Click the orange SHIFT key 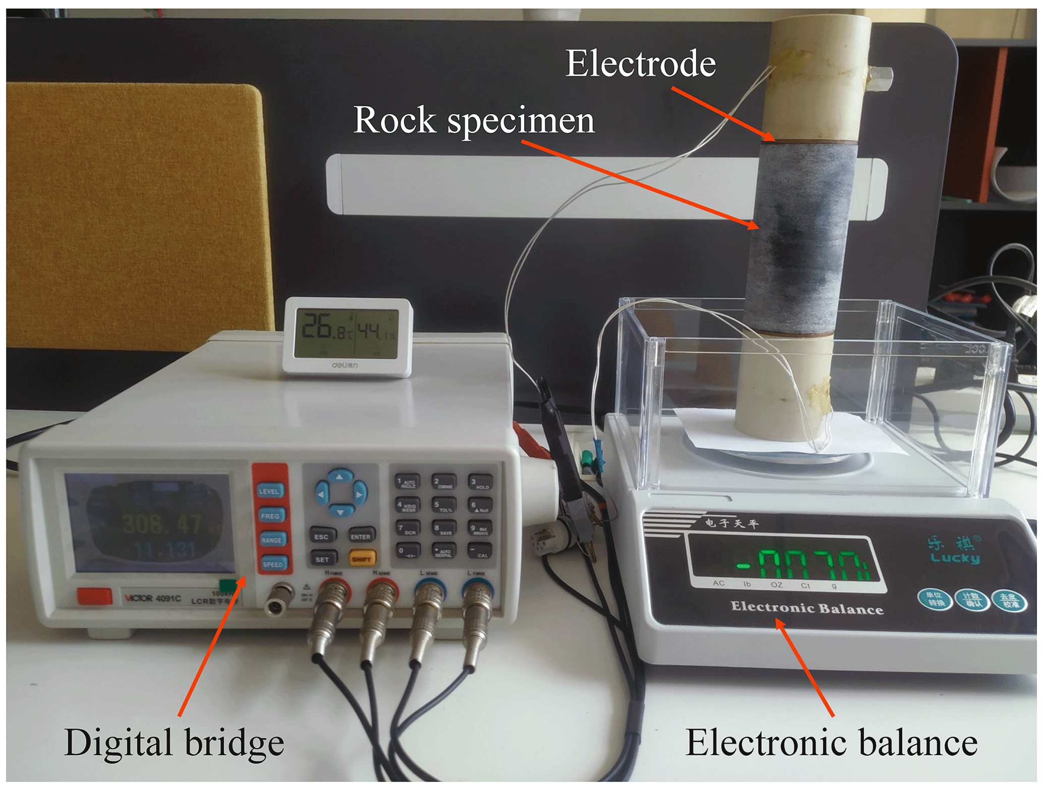(362, 558)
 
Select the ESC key (322, 536)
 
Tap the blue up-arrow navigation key (340, 476)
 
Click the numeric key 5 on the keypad (444, 505)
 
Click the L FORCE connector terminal (477, 591)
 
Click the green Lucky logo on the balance (954, 551)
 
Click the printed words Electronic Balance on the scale (806, 607)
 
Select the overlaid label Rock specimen (474, 120)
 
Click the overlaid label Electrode (640, 64)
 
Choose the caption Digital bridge (174, 743)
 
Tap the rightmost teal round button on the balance (1009, 601)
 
